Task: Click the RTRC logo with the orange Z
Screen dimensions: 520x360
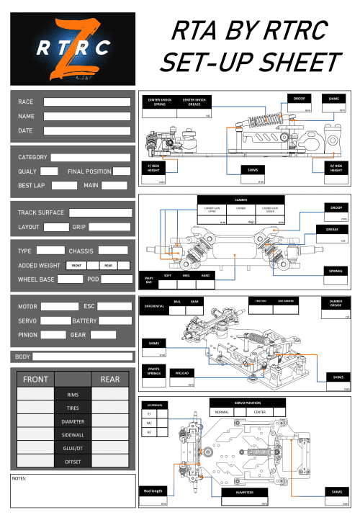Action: click(x=69, y=48)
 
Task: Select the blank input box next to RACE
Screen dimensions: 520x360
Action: click(x=87, y=102)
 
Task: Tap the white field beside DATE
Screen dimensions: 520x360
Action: click(x=87, y=130)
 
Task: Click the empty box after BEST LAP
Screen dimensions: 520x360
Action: click(x=64, y=185)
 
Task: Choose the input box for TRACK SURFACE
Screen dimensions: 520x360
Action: click(x=100, y=212)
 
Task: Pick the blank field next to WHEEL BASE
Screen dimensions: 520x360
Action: click(x=65, y=279)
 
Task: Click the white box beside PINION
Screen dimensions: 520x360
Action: click(x=53, y=335)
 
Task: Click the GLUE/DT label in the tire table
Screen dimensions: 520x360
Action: click(x=72, y=448)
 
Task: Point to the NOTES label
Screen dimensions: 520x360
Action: click(x=20, y=478)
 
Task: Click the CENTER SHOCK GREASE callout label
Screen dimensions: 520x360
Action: click(x=194, y=102)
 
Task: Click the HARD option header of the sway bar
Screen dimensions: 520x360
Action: click(x=205, y=275)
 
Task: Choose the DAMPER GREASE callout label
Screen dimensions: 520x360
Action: click(x=335, y=303)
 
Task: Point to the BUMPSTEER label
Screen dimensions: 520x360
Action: click(x=236, y=493)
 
